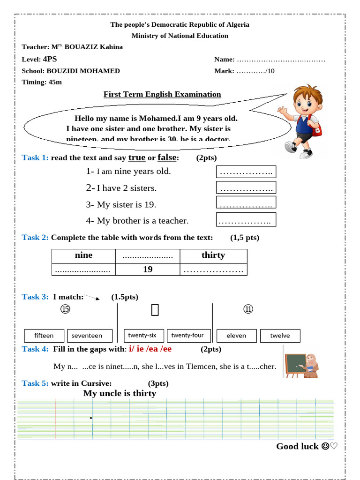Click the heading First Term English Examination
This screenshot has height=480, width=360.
point(162,94)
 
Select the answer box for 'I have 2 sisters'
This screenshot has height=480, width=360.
point(246,187)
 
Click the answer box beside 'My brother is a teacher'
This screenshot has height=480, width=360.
point(246,220)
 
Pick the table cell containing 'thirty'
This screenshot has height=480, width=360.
point(213,255)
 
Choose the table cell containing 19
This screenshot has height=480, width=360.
point(148,269)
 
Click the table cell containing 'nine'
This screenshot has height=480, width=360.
point(83,255)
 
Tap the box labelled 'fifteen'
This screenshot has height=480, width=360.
point(44,336)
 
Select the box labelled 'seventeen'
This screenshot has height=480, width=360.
point(90,336)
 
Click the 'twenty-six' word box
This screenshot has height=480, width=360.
point(142,335)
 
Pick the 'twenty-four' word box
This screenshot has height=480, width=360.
point(187,335)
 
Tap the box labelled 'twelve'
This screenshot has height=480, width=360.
point(280,336)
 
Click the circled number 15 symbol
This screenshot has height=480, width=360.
point(65,309)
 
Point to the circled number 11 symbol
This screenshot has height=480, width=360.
point(248,309)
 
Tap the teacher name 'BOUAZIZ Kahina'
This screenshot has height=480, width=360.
point(93,47)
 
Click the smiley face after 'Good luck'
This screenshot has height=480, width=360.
point(325,446)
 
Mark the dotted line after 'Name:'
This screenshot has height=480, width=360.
point(281,60)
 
